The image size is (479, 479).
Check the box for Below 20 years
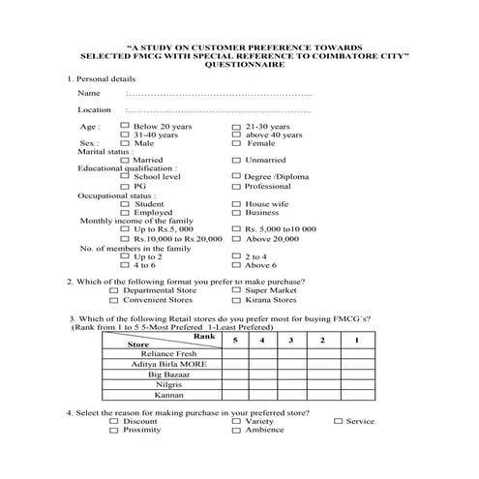124,126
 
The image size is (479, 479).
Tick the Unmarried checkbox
236,160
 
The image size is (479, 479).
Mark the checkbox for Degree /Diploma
236,177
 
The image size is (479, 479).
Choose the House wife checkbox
236,204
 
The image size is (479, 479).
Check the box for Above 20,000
236,238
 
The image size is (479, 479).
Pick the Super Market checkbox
236,290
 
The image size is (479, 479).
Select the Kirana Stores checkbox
236,300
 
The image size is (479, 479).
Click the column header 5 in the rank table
233,341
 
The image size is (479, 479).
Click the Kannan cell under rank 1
355,395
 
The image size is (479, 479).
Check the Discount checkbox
116,421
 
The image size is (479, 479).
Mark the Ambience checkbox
236,431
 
